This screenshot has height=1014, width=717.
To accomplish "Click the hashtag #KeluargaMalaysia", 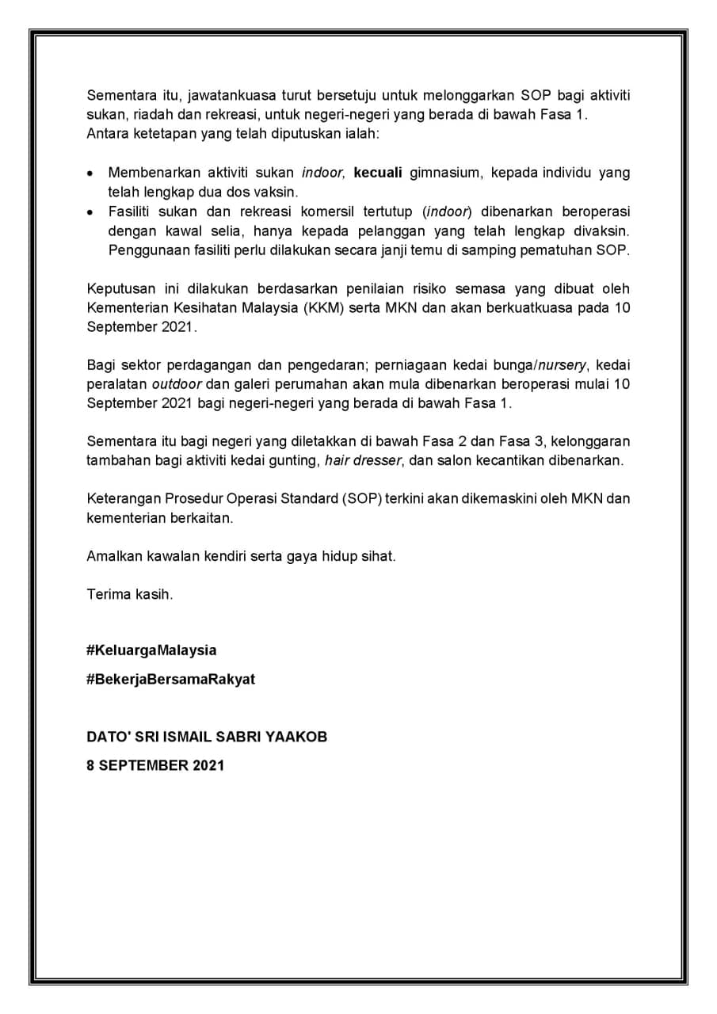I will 151,650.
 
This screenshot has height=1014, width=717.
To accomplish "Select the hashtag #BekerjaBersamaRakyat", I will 170,680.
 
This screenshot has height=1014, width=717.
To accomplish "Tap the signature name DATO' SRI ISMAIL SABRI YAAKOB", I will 206,737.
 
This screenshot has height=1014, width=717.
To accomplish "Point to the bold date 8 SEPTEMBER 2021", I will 155,765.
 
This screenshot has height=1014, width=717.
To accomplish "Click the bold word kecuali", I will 378,173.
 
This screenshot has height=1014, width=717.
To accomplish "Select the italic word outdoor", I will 177,384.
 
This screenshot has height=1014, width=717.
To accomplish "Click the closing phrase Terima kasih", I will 129,594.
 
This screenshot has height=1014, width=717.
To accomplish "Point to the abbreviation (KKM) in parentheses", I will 322,308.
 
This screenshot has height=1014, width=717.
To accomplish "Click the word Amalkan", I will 114,556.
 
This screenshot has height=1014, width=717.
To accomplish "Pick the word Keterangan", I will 124,499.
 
